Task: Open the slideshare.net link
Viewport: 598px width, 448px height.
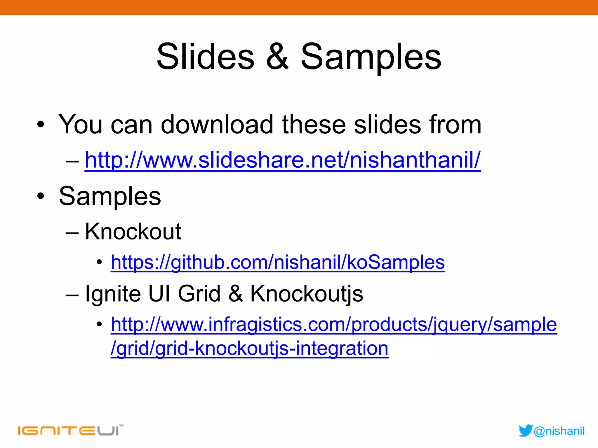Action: coord(282,160)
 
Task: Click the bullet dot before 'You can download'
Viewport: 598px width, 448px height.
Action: coord(41,125)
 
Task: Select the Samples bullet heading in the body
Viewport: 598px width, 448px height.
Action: coord(110,196)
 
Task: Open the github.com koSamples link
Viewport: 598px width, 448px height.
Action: coord(278,262)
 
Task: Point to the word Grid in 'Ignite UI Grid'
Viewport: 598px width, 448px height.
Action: coord(199,294)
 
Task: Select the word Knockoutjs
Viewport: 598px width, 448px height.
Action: coord(307,294)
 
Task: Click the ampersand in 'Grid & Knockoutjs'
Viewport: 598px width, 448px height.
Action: coord(235,294)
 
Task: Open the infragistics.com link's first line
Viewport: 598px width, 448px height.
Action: coord(334,324)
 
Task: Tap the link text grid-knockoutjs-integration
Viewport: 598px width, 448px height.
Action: coord(272,348)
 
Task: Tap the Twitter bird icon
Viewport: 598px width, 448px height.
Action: coord(525,431)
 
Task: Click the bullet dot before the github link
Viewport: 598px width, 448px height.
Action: coord(99,262)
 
